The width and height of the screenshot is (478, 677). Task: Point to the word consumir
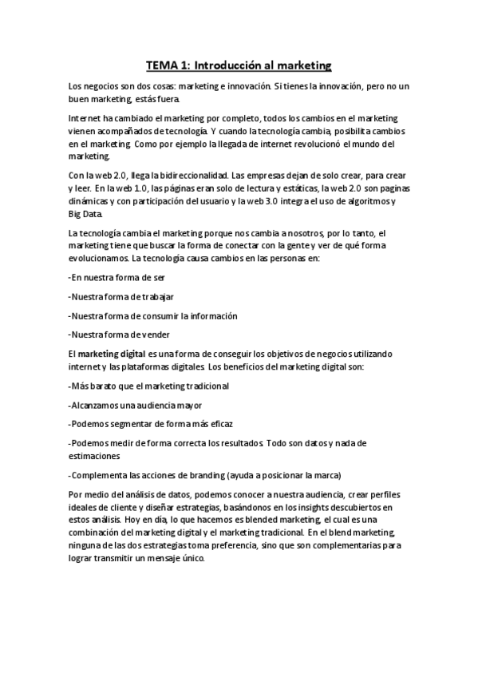pos(160,315)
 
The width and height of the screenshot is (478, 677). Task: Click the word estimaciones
pos(97,457)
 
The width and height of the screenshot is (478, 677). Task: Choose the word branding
pos(199,475)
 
